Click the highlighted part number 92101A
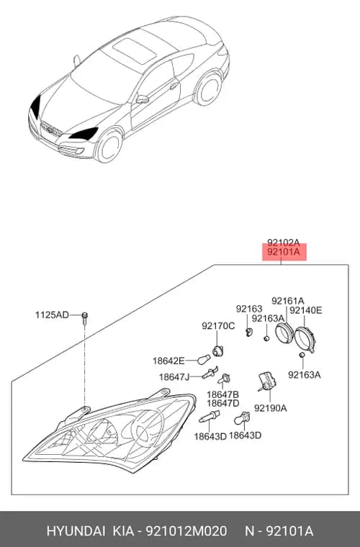click(284, 252)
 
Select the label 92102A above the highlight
click(284, 243)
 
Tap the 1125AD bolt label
click(52, 315)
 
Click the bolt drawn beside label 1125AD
click(84, 318)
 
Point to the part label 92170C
click(218, 326)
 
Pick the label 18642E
click(168, 361)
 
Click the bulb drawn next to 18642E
click(204, 359)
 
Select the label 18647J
click(174, 377)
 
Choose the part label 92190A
click(270, 408)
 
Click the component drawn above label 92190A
click(266, 381)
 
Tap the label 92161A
click(288, 301)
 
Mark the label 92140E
click(306, 310)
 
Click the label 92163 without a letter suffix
click(249, 309)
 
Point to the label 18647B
click(223, 394)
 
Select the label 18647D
click(223, 403)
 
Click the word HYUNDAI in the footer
click(76, 531)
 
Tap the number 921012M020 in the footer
click(186, 531)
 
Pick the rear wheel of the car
click(209, 89)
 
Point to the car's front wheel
click(109, 147)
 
